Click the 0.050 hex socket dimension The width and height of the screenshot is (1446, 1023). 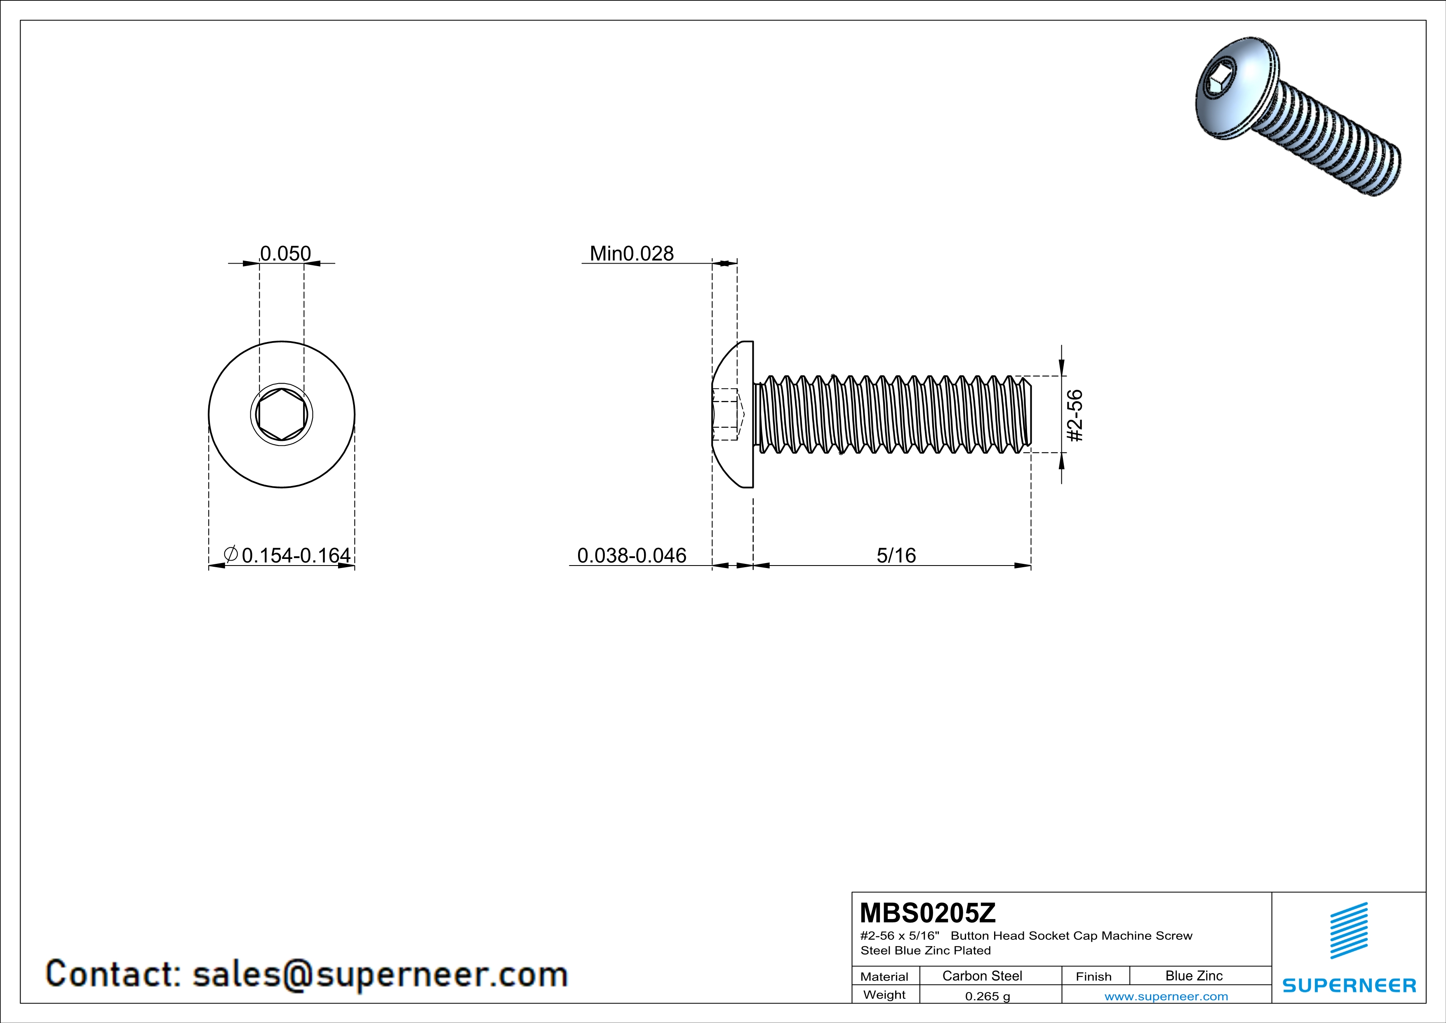point(285,253)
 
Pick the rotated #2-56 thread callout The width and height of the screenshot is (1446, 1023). point(1075,416)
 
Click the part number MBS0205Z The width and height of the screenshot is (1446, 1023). point(928,912)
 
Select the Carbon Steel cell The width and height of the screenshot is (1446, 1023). point(982,976)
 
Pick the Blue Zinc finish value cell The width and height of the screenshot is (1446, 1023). point(1193,976)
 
